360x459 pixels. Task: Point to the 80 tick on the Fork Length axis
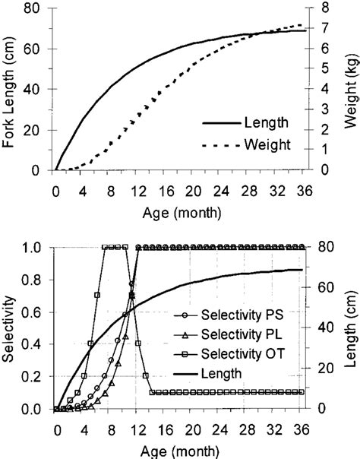pos(32,8)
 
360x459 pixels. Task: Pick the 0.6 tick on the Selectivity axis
pos(30,312)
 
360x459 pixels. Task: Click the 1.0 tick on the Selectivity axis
pos(30,248)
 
